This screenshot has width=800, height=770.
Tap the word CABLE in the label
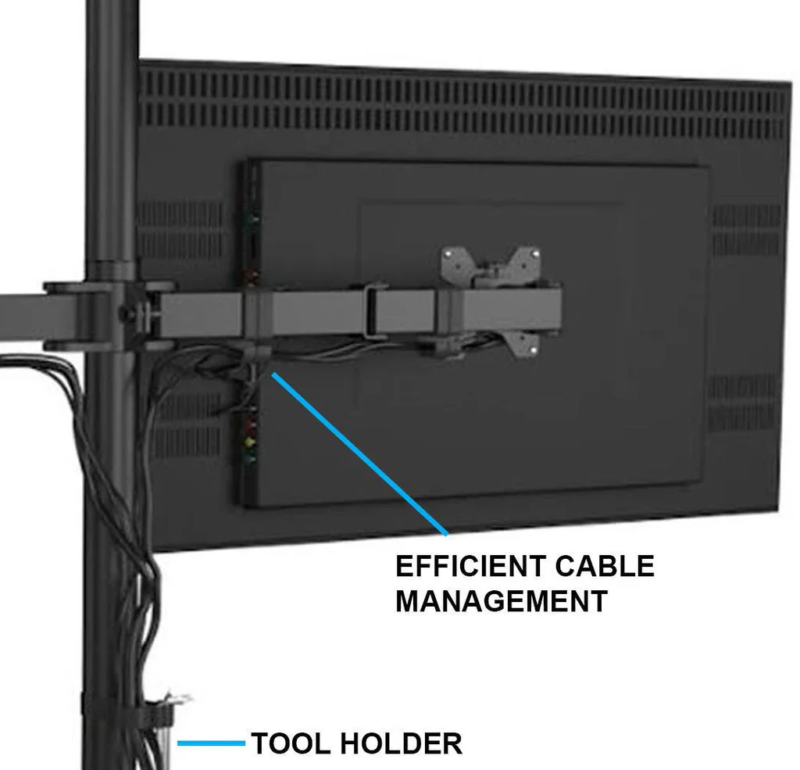tap(605, 566)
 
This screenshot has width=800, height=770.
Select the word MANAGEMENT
tap(501, 601)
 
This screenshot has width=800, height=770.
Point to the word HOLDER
tap(401, 743)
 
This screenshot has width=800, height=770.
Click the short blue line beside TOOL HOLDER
tap(211, 743)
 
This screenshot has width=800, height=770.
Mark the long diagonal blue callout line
tap(359, 454)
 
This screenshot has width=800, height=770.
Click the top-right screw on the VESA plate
tap(535, 252)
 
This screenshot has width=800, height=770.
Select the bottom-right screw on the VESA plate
tap(533, 350)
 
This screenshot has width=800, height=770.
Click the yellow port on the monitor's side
tap(250, 439)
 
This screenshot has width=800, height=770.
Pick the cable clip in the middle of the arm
tap(374, 312)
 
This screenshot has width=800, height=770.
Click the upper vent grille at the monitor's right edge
tap(746, 231)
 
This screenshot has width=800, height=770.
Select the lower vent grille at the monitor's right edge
tap(742, 403)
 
